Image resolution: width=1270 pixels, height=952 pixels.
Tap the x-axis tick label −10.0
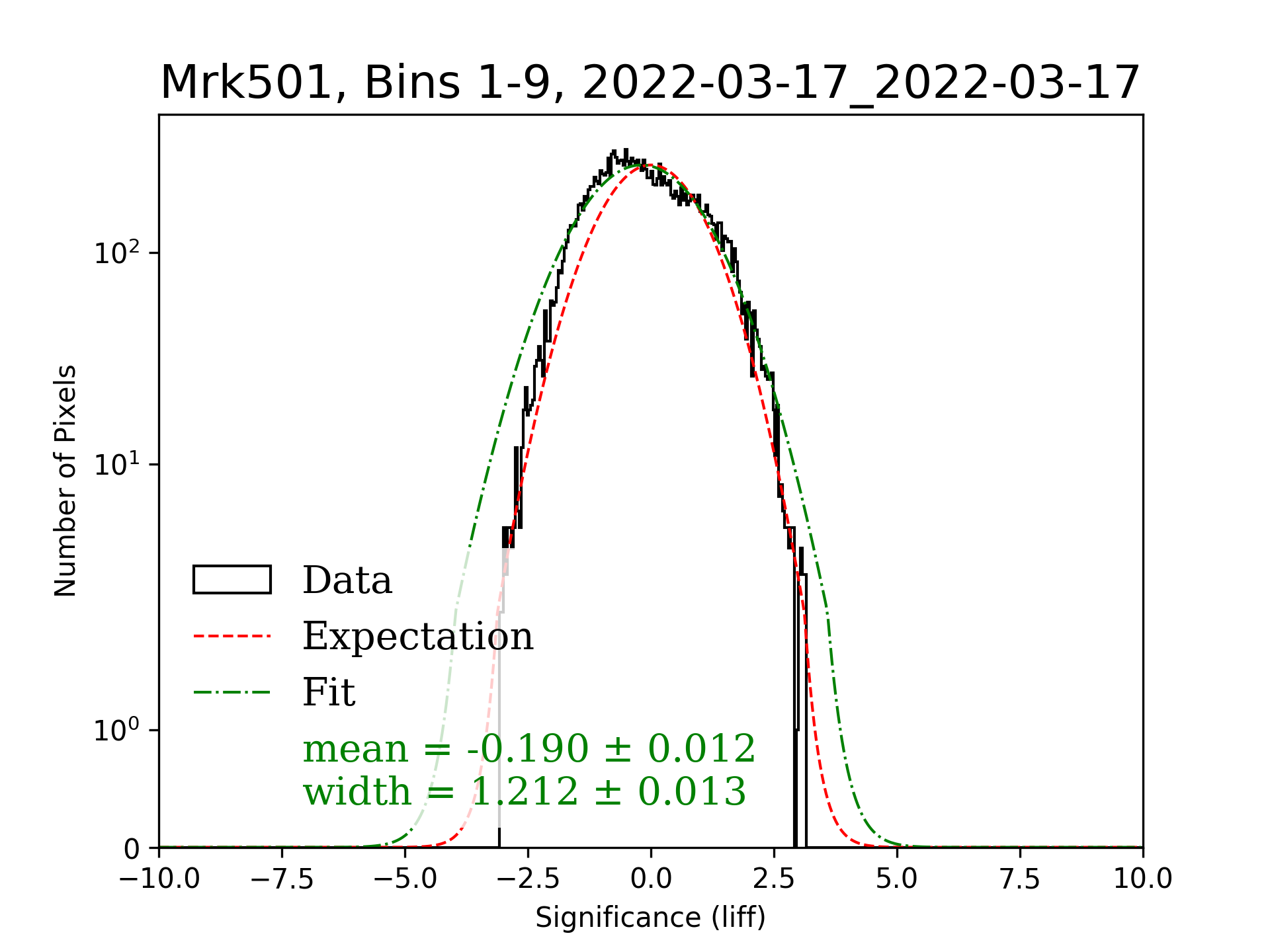click(159, 879)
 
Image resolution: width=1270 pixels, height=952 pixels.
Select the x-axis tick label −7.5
click(282, 879)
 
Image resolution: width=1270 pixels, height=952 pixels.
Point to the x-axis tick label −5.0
click(405, 879)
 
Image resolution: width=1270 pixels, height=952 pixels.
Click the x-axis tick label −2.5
click(529, 879)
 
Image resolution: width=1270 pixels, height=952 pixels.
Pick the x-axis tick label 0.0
click(651, 879)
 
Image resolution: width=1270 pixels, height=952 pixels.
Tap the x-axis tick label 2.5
click(774, 879)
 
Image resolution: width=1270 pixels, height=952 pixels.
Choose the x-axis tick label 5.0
click(897, 879)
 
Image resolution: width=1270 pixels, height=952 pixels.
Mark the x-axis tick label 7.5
click(1020, 879)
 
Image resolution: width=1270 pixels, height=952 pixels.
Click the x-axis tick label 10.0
click(1142, 879)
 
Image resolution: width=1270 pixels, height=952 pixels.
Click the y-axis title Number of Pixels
click(65, 481)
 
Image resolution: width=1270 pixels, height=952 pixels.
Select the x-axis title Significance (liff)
click(650, 918)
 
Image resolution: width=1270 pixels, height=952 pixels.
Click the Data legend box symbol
click(232, 580)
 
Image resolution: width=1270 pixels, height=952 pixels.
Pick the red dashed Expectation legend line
click(232, 636)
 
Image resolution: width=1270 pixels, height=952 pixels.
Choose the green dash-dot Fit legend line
click(232, 692)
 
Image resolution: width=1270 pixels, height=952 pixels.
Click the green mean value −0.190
click(527, 749)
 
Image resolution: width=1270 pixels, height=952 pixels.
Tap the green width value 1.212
click(525, 791)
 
